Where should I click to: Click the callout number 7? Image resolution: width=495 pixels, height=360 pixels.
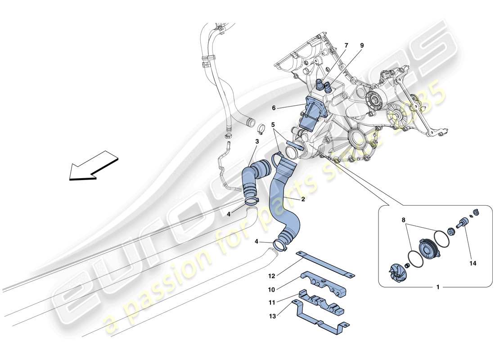click(x=346, y=45)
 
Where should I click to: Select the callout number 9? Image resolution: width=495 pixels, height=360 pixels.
click(x=362, y=45)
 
